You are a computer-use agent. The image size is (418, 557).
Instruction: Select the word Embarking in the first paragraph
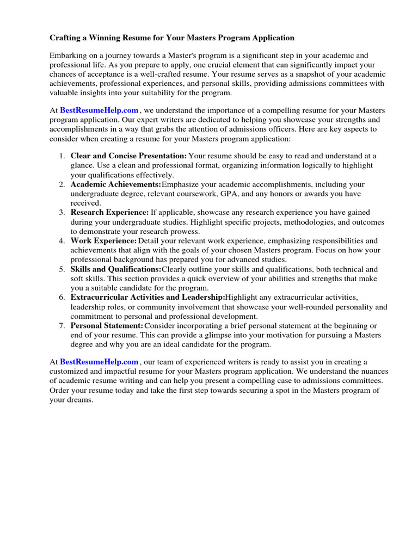68,55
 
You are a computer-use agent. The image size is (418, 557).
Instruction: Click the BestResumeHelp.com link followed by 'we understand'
99,110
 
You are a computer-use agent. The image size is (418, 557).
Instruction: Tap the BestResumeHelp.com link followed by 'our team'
99,362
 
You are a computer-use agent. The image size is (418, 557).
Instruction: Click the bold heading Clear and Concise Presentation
128,156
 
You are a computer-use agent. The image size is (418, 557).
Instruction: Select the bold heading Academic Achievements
115,184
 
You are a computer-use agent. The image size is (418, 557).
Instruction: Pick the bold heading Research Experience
109,213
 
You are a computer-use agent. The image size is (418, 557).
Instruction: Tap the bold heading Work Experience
103,241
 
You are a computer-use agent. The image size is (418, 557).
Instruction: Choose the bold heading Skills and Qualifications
115,269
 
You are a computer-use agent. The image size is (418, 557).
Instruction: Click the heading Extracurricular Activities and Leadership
147,298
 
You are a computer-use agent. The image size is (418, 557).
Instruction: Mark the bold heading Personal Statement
107,326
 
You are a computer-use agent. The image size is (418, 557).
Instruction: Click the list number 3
62,213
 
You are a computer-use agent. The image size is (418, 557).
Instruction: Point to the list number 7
62,326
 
